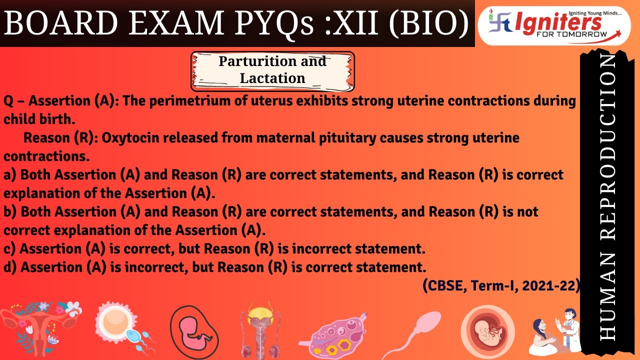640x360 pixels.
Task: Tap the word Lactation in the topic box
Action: click(272, 78)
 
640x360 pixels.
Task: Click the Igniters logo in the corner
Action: click(554, 25)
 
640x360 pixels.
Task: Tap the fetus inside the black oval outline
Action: click(194, 330)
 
